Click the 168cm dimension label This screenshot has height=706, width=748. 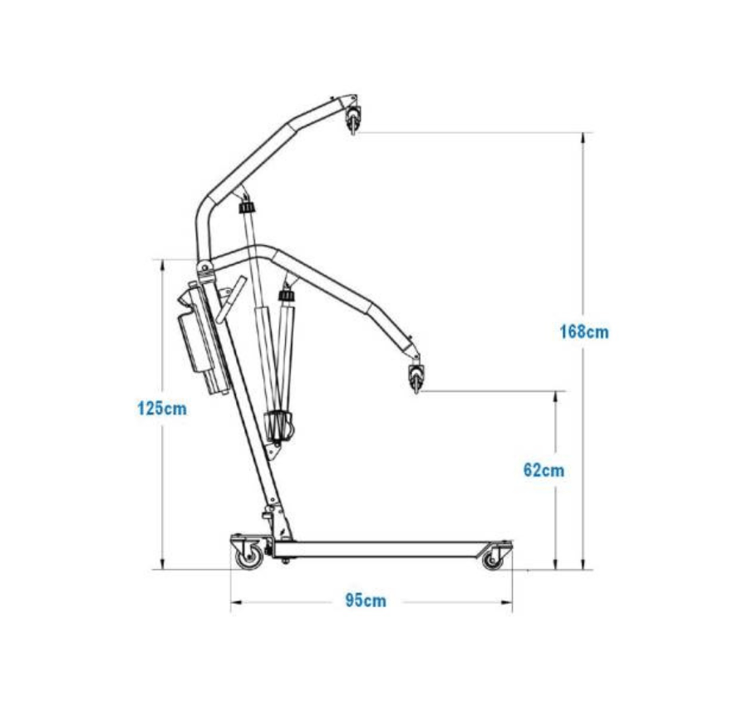(584, 331)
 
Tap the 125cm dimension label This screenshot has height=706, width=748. (162, 409)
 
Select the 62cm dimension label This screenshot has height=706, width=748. (544, 470)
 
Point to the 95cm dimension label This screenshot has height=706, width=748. (366, 601)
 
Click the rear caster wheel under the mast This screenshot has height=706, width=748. (249, 556)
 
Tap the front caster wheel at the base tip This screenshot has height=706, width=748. (493, 560)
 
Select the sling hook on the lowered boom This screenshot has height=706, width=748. (416, 376)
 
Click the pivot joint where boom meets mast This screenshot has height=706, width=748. (205, 268)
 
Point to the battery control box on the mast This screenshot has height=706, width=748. (202, 337)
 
